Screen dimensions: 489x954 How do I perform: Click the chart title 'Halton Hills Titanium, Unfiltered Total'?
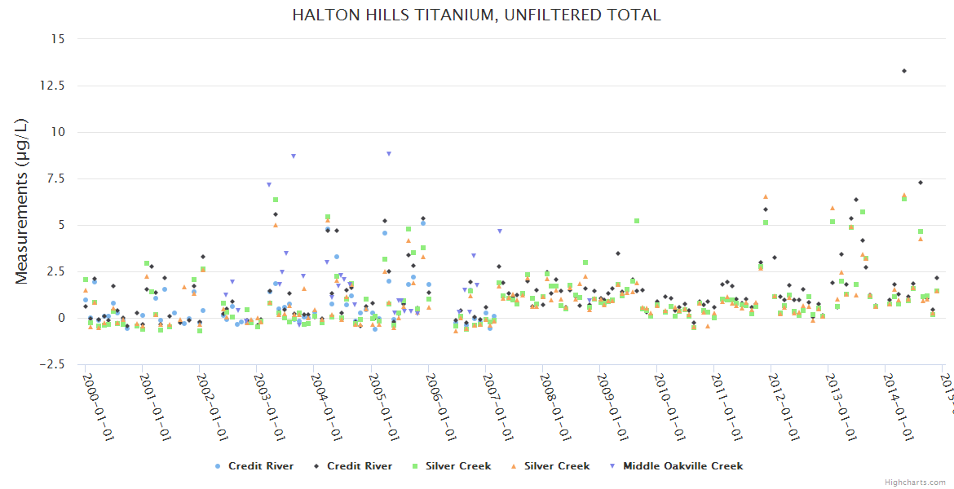pos(477,15)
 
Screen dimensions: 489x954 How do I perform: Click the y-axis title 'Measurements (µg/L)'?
pos(22,200)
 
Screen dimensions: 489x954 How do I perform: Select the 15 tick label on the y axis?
pos(56,38)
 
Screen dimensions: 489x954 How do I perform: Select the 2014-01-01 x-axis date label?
pos(898,407)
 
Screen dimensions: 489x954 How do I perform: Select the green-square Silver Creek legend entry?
pos(450,466)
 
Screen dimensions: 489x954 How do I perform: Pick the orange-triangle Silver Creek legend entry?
pos(549,466)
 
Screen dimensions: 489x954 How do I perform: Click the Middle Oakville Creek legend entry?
pos(675,466)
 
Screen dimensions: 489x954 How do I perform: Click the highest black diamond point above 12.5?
pos(904,71)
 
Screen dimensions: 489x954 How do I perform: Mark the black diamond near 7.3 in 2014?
pos(921,183)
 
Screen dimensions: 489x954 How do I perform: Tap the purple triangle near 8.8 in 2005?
pos(389,153)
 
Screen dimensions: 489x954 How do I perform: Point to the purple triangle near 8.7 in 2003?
pos(294,156)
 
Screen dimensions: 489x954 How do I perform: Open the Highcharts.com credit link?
pos(916,482)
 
